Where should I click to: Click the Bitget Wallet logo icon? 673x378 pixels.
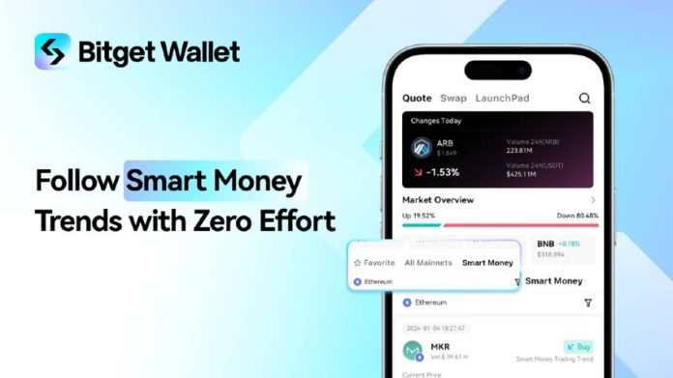[x=52, y=51]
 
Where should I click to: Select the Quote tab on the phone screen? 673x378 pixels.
[x=417, y=98]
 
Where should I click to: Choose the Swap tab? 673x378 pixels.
[x=453, y=98]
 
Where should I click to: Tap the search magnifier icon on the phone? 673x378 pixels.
[x=584, y=98]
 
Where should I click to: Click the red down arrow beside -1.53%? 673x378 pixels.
[x=417, y=172]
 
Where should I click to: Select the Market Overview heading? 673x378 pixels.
[x=438, y=200]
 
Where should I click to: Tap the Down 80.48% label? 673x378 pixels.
[x=578, y=216]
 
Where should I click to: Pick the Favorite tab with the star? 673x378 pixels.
[x=374, y=262]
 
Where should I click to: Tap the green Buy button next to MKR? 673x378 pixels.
[x=578, y=346]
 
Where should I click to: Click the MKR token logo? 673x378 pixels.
[x=415, y=351]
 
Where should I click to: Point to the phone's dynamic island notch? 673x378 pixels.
[x=497, y=70]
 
